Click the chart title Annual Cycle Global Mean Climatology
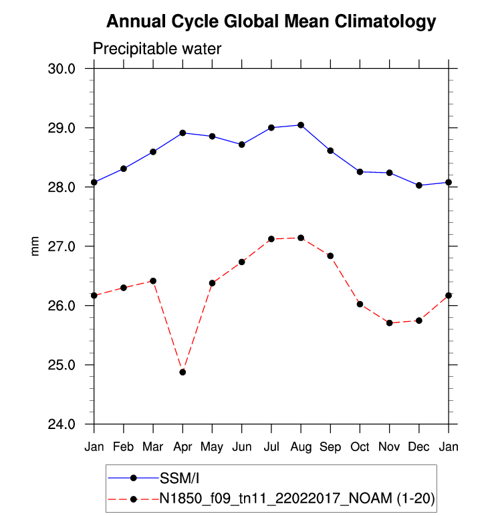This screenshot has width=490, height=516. (271, 22)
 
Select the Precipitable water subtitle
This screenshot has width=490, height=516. (156, 49)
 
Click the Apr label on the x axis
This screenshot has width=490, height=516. (182, 446)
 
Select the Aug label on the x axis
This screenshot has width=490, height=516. (301, 446)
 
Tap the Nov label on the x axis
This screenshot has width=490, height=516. (389, 446)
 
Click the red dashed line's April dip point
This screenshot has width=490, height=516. (182, 372)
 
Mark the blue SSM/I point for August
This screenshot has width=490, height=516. (301, 125)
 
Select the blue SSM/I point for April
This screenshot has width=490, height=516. (182, 133)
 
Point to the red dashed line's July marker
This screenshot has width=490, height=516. (271, 239)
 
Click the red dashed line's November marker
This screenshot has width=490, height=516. (389, 323)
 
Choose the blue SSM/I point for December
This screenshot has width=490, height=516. (419, 185)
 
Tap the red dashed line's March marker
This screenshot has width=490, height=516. (153, 280)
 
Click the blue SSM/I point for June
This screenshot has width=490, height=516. (242, 145)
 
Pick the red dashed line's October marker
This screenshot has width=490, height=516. (360, 304)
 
